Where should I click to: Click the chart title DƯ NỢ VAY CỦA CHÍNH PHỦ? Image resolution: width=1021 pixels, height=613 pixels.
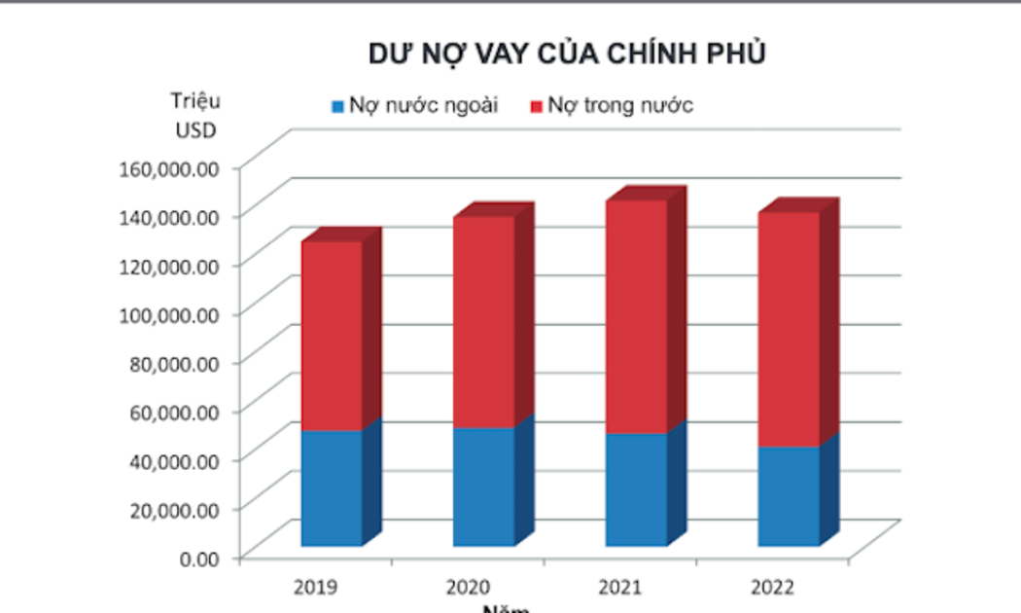[567, 54]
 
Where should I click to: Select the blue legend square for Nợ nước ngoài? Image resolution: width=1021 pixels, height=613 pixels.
[338, 106]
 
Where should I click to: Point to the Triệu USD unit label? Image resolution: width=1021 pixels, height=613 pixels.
[195, 115]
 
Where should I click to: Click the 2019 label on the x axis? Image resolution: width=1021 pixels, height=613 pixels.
[317, 588]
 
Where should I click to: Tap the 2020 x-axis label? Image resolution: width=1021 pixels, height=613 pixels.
[469, 588]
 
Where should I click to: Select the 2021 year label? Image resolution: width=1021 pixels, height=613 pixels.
[621, 588]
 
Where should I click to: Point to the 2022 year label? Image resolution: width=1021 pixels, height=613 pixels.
[773, 588]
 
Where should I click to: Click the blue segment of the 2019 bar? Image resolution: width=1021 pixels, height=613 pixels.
[332, 487]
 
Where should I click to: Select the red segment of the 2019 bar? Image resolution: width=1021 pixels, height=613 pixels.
[332, 336]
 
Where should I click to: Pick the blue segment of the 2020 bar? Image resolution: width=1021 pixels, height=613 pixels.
[483, 487]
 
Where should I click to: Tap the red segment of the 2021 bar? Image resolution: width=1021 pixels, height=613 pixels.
[636, 317]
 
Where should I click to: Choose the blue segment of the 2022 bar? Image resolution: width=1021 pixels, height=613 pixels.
[789, 496]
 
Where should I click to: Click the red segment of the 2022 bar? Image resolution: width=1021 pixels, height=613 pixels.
[789, 330]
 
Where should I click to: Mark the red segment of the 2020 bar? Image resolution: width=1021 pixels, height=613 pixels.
[483, 322]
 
